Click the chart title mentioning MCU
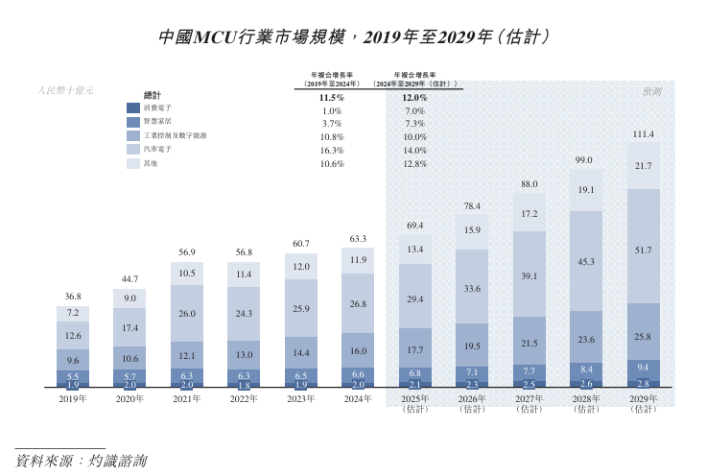353,38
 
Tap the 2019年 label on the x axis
73,397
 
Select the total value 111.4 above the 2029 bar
644,134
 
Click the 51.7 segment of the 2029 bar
644,250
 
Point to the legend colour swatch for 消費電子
134,108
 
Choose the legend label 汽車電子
157,150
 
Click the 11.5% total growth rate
332,98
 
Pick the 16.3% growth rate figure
332,150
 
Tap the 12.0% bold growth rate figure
414,98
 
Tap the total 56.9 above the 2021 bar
187,252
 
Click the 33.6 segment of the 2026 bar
472,288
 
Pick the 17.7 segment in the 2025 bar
415,350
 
